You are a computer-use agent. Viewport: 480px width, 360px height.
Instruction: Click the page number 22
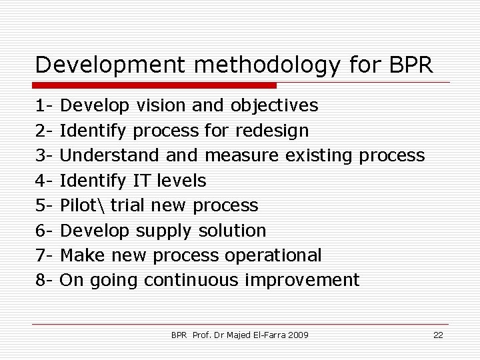(438, 335)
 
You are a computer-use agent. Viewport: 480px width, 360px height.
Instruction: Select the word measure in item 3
(243, 155)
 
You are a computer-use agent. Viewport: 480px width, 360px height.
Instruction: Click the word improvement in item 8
(302, 280)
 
